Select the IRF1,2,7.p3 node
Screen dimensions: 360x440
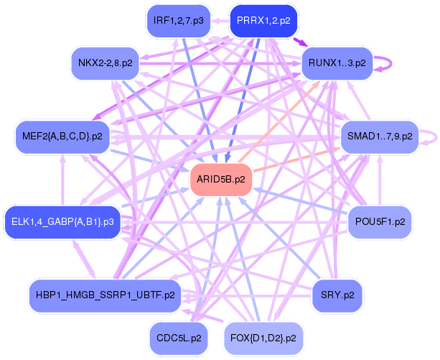click(x=178, y=21)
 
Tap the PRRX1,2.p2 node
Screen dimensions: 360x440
click(x=263, y=21)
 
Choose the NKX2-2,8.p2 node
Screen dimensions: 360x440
click(x=105, y=63)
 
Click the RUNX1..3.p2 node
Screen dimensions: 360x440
click(x=337, y=63)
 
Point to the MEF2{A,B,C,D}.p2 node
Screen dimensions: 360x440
click(x=62, y=136)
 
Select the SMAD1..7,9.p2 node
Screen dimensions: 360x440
click(x=379, y=136)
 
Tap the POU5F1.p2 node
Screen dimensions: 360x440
click(x=380, y=222)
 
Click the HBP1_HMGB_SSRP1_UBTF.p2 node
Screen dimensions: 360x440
click(x=105, y=295)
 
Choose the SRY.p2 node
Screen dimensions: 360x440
click(x=337, y=295)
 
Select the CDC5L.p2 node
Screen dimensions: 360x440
click(x=178, y=336)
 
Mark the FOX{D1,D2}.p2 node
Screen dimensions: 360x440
click(x=263, y=336)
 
